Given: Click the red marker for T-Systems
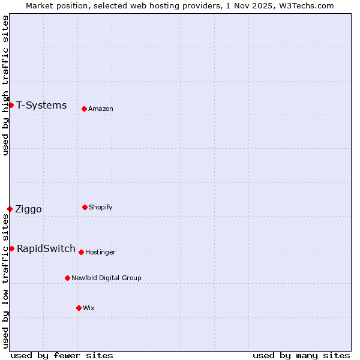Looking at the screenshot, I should pyautogui.click(x=11, y=106).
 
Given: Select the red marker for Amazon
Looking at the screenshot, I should pyautogui.click(x=84, y=109).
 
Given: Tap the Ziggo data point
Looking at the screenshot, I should pyautogui.click(x=10, y=209).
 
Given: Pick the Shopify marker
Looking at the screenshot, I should pyautogui.click(x=85, y=207).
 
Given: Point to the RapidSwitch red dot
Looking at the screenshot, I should pyautogui.click(x=11, y=248).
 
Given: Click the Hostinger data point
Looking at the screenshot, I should pyautogui.click(x=81, y=252).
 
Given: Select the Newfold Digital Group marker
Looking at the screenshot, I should pyautogui.click(x=67, y=278).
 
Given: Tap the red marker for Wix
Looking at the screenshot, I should pyautogui.click(x=79, y=308).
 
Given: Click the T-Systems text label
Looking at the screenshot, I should pyautogui.click(x=41, y=106).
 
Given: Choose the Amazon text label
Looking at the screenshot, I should pyautogui.click(x=101, y=109).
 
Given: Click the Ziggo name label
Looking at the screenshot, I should pyautogui.click(x=28, y=209).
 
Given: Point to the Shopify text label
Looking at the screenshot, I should pyautogui.click(x=100, y=207).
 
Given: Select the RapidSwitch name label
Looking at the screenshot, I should pyautogui.click(x=46, y=248).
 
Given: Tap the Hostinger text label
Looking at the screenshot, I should pyautogui.click(x=100, y=252).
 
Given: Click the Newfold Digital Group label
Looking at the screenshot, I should pyautogui.click(x=106, y=278).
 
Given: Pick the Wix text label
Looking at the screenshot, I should pyautogui.click(x=89, y=308).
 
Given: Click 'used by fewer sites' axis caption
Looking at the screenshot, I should pyautogui.click(x=62, y=355).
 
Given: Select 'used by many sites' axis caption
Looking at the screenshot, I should pyautogui.click(x=301, y=355).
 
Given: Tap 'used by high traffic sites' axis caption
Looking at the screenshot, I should pyautogui.click(x=5, y=86).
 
